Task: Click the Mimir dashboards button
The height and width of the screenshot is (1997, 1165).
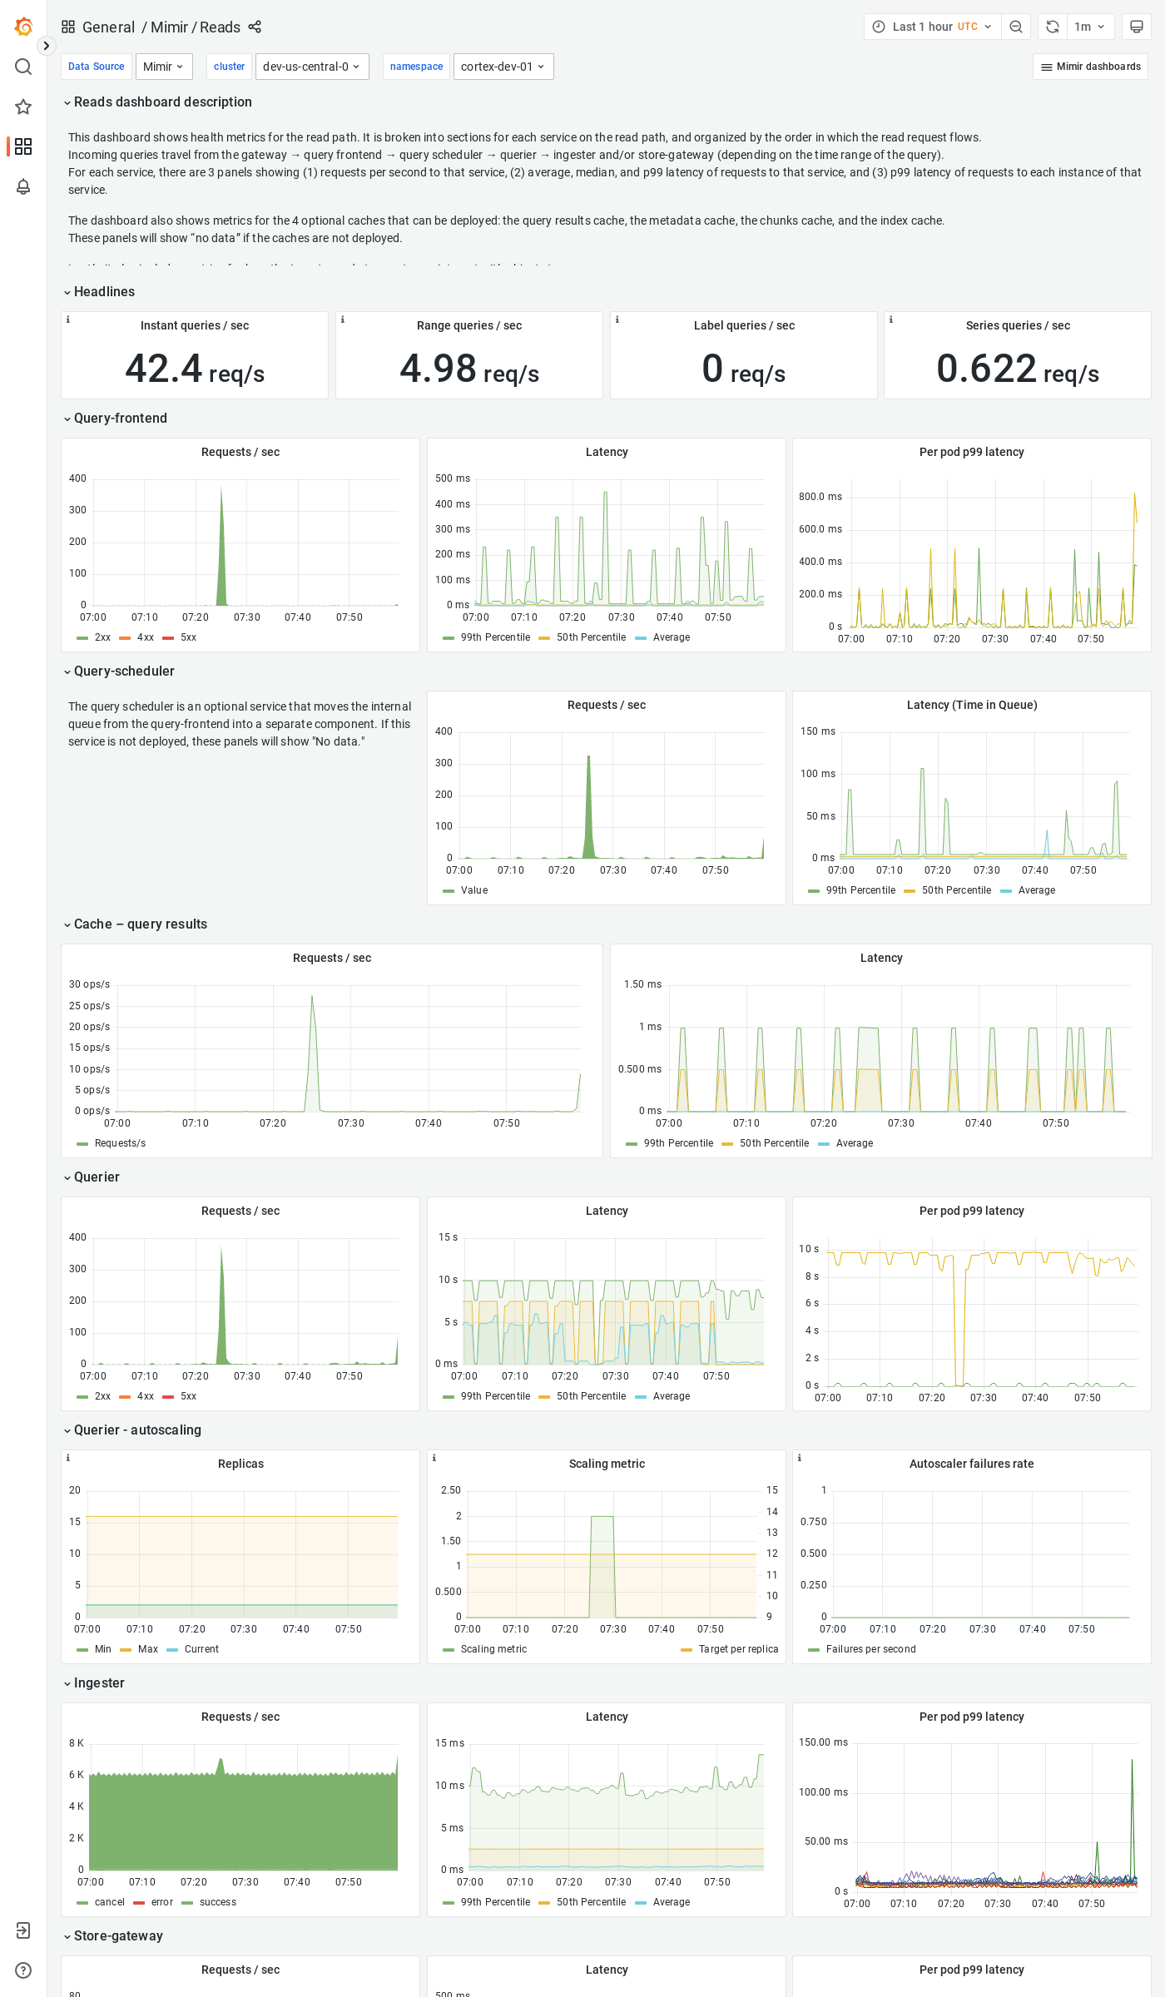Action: [x=1090, y=67]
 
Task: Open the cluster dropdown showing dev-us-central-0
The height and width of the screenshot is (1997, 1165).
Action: [x=311, y=67]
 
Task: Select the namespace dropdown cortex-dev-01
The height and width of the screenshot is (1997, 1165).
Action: [x=503, y=67]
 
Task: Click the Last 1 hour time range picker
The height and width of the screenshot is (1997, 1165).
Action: [x=932, y=27]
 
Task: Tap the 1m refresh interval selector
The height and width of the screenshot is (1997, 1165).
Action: [x=1088, y=27]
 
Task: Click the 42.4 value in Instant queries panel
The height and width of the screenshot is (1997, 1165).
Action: [x=164, y=369]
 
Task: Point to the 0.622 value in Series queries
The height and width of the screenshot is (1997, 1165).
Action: [x=986, y=369]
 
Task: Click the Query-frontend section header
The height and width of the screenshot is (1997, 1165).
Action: [x=120, y=419]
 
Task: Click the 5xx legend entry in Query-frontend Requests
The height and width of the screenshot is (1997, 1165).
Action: [x=188, y=637]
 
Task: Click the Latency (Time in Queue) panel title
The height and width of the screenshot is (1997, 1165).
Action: [x=971, y=705]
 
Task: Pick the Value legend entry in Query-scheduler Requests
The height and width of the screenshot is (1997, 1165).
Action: [x=473, y=890]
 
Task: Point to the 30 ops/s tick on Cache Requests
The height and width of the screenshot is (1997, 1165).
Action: [x=89, y=984]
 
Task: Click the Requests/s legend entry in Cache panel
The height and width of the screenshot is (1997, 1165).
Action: [x=120, y=1143]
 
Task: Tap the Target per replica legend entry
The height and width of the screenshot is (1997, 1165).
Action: [x=737, y=1649]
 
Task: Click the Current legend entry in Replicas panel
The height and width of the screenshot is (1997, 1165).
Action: [x=201, y=1649]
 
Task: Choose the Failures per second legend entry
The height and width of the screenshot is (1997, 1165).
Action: [x=870, y=1649]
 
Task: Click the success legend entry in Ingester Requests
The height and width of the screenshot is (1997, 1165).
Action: [x=217, y=1902]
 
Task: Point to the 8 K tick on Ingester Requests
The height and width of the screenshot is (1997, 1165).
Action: [x=76, y=1743]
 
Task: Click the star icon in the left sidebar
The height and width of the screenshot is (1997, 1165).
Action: [x=23, y=107]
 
